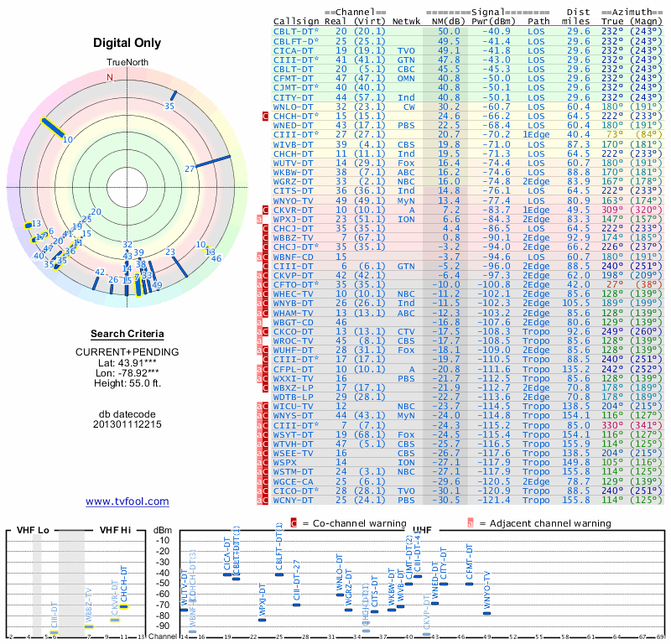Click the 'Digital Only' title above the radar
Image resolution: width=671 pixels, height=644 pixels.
click(127, 43)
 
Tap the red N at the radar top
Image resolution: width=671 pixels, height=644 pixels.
click(109, 76)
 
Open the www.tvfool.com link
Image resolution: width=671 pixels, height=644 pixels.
click(127, 501)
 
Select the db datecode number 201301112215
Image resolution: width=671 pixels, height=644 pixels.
click(127, 424)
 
